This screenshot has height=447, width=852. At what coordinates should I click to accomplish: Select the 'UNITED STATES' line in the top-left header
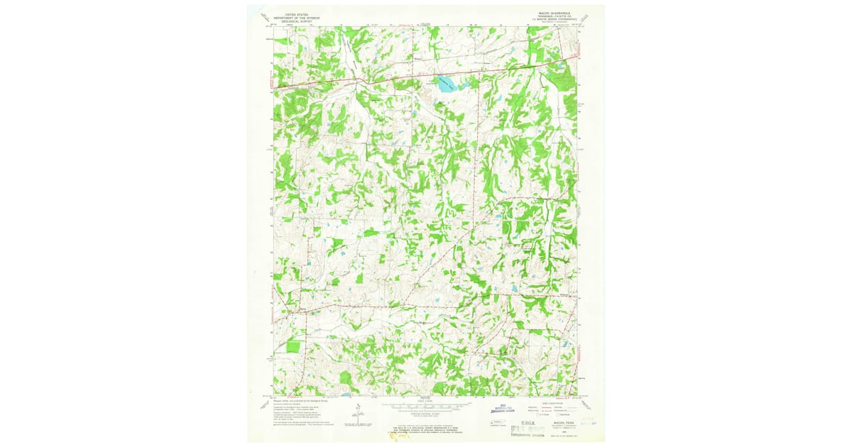click(x=298, y=13)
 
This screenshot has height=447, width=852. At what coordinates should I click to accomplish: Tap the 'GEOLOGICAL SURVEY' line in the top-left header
click(x=298, y=21)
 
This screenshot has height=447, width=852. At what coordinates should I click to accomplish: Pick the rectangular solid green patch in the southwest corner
click(x=293, y=346)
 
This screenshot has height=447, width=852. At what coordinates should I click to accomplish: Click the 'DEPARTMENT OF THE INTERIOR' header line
click(x=298, y=17)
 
